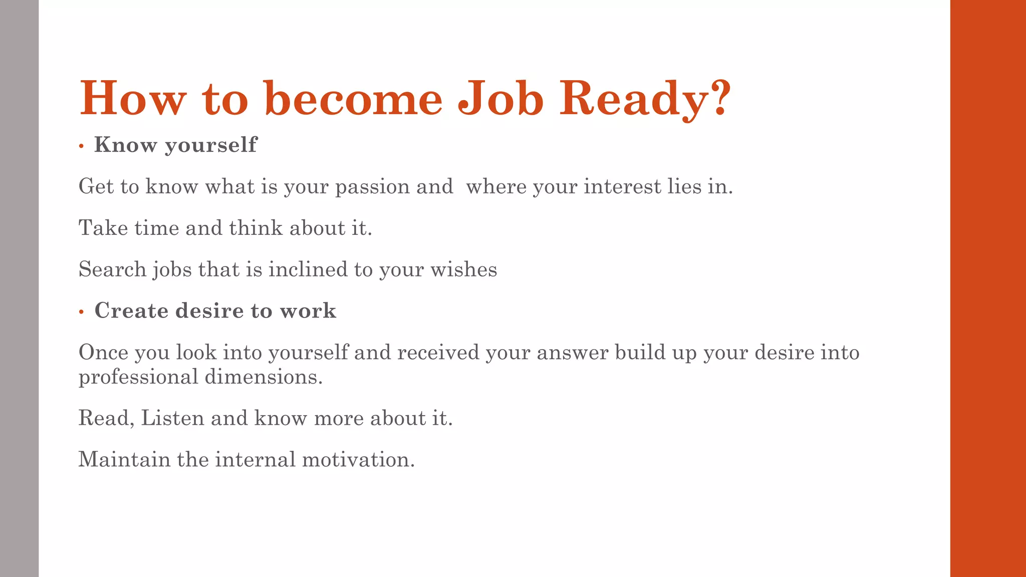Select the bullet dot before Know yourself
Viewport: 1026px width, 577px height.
coord(81,146)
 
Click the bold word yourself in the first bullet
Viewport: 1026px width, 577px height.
coord(210,145)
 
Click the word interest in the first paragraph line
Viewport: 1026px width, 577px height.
coord(622,186)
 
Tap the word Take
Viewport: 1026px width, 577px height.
coord(103,228)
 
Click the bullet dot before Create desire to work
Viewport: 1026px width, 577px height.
coord(81,312)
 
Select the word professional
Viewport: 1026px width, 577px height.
coord(138,377)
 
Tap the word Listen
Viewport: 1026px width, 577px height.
coord(172,418)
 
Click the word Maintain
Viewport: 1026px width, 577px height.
coord(124,459)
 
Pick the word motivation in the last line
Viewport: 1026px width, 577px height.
coord(358,459)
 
